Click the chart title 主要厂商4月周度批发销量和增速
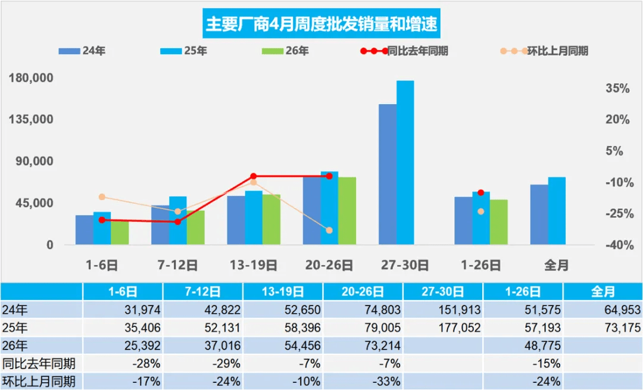pyautogui.click(x=321, y=24)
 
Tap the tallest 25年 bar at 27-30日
pyautogui.click(x=405, y=163)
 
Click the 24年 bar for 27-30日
pyautogui.click(x=388, y=174)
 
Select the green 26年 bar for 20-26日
pyautogui.click(x=347, y=211)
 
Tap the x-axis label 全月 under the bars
pyautogui.click(x=556, y=266)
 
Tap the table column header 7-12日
pyautogui.click(x=202, y=292)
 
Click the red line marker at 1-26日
pyautogui.click(x=481, y=192)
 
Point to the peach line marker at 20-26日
pyautogui.click(x=329, y=230)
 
